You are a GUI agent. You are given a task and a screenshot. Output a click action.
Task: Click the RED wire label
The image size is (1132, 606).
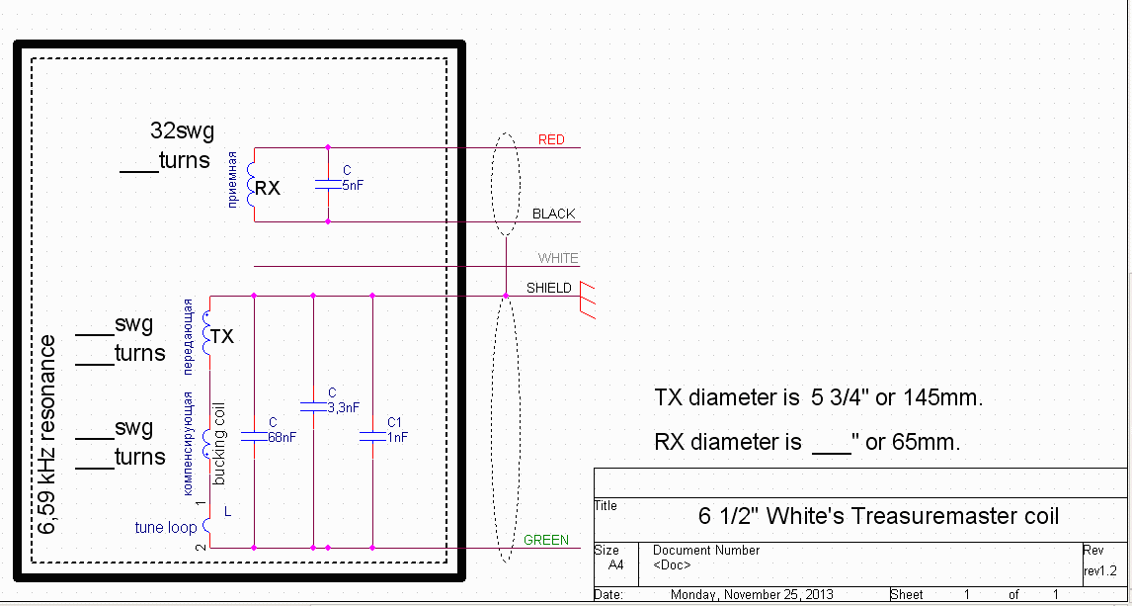[551, 139]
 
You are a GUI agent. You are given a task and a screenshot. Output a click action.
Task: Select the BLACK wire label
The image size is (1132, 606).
[553, 214]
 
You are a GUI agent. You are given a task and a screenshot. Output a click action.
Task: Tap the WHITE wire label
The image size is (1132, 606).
[558, 258]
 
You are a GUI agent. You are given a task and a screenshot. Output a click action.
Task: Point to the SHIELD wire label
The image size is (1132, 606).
[548, 288]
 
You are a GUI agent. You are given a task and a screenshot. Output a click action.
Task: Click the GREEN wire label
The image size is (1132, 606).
[546, 540]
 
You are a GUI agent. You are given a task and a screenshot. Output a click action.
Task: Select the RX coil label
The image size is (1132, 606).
[268, 188]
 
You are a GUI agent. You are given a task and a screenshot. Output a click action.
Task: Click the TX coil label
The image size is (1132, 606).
[222, 336]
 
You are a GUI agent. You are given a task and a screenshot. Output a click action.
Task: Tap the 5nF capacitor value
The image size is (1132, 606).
[354, 185]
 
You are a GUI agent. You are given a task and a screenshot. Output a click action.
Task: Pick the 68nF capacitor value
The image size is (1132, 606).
[283, 436]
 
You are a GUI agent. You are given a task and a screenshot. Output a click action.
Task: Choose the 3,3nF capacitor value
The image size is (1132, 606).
[343, 406]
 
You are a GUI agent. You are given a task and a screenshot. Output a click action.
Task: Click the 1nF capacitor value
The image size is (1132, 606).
[397, 436]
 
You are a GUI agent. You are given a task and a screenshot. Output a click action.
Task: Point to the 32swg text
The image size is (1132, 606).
[182, 130]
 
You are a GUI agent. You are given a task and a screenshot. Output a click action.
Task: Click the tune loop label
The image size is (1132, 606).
[165, 528]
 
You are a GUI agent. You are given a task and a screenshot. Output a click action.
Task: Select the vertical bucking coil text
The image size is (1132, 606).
[219, 442]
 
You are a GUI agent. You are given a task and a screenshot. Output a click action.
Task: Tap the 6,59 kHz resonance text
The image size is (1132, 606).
[46, 434]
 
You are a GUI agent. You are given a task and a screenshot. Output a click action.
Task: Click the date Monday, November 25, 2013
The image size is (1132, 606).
[752, 594]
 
